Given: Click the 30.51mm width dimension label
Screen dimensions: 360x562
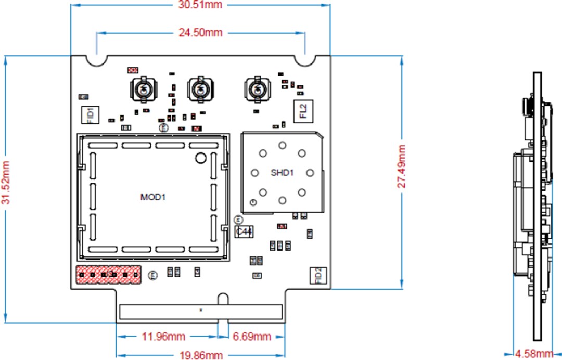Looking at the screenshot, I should pyautogui.click(x=200, y=5).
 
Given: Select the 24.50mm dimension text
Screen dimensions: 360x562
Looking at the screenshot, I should pyautogui.click(x=200, y=33).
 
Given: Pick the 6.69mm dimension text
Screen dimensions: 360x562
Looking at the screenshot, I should pyautogui.click(x=252, y=337).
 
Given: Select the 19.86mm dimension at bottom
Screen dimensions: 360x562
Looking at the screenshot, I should pyautogui.click(x=201, y=355).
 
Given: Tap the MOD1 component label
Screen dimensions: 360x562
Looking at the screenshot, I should pyautogui.click(x=153, y=197).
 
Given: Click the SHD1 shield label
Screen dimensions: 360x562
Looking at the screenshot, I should pyautogui.click(x=282, y=172).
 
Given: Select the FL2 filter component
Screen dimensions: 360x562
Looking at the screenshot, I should pyautogui.click(x=303, y=111).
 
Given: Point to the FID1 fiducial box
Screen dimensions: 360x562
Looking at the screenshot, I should pyautogui.click(x=90, y=114).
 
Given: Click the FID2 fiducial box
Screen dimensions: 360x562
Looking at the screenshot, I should pyautogui.click(x=318, y=276).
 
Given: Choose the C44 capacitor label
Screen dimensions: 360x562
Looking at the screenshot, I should pyautogui.click(x=244, y=232).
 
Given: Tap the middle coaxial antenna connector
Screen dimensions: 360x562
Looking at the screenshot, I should pyautogui.click(x=200, y=89).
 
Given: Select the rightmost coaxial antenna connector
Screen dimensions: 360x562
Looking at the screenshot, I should pyautogui.click(x=257, y=89).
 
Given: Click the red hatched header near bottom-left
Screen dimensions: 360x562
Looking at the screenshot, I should pyautogui.click(x=109, y=274).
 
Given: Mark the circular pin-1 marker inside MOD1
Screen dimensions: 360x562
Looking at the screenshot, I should pyautogui.click(x=201, y=158).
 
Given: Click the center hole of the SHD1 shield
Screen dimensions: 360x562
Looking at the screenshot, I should pyautogui.click(x=282, y=172).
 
